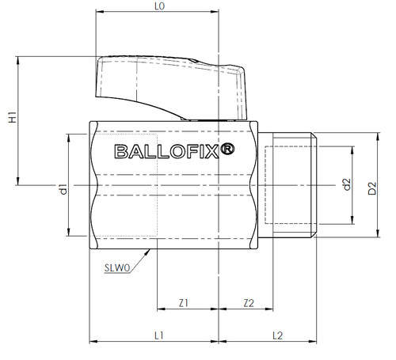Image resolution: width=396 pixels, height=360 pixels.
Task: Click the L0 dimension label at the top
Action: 159,6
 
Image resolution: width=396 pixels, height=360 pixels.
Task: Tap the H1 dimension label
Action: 13,117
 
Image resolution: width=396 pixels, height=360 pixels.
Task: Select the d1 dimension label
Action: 63,190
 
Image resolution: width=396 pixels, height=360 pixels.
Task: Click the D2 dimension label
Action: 372,188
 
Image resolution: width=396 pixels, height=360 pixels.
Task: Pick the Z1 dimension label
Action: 184,303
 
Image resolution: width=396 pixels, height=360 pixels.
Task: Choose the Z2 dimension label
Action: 249,303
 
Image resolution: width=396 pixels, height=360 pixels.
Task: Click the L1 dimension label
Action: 159,335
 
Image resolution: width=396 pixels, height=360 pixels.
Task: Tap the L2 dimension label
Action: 277,335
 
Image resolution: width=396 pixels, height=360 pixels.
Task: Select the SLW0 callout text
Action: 117,268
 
